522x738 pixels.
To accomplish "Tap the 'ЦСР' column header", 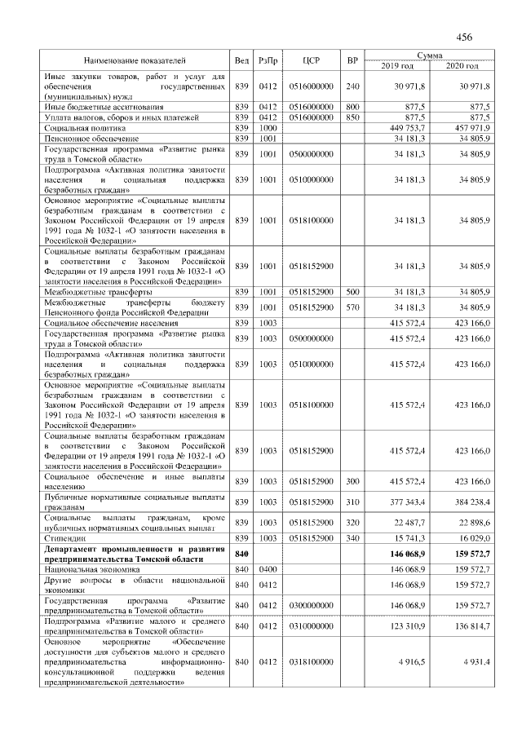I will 309,60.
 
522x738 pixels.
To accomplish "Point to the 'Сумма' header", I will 429,55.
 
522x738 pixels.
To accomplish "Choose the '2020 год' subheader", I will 461,65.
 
